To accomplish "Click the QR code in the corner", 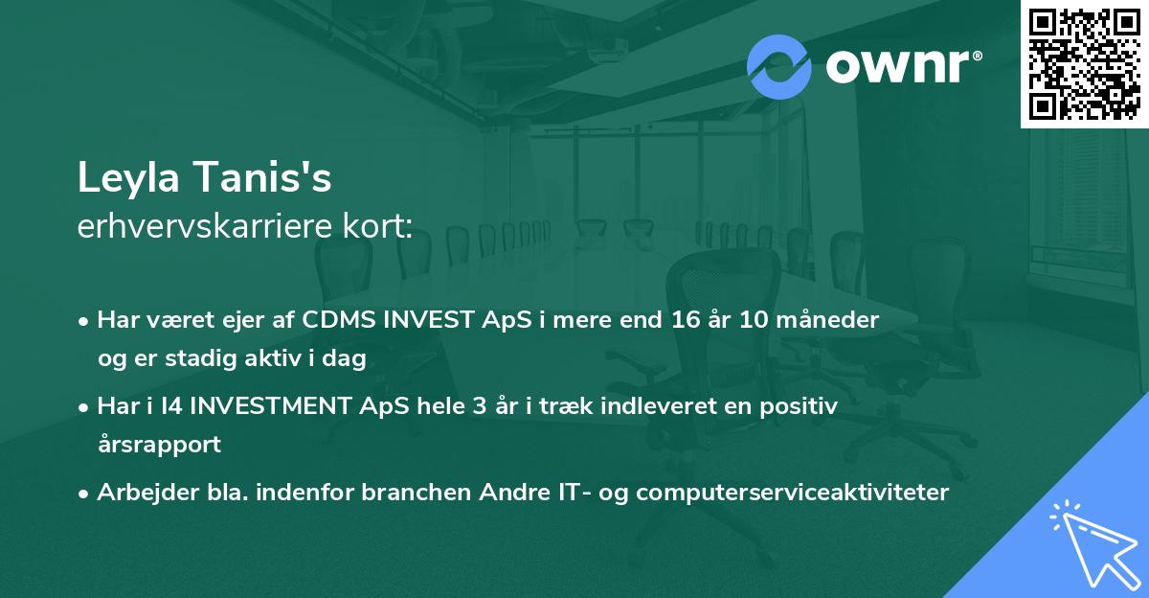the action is point(1084,64).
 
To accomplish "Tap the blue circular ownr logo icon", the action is point(779,67).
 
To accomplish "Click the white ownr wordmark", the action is point(904,66).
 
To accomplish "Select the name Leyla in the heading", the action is point(128,178).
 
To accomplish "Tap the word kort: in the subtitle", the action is point(377,226).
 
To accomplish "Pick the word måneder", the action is point(827,320).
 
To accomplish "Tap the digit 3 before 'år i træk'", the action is point(480,406).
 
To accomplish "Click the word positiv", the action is point(799,406).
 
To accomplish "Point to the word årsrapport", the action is point(160,445).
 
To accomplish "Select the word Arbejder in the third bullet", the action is point(148,493).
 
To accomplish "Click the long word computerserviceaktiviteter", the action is point(793,493).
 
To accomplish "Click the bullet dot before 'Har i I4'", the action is point(83,408).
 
